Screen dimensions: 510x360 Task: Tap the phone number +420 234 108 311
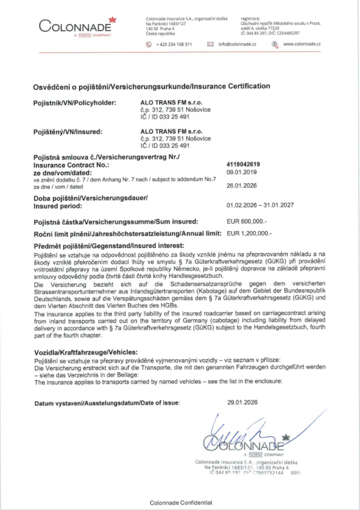[x=174, y=44]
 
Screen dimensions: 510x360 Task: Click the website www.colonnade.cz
[x=302, y=44]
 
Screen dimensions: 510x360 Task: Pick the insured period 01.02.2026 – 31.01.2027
[x=260, y=205]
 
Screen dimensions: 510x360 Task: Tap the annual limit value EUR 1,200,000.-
[x=249, y=233]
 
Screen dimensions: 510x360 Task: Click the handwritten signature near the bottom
[x=238, y=433]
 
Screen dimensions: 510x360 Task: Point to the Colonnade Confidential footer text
[x=181, y=502]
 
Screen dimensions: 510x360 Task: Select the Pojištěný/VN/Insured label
[x=68, y=132]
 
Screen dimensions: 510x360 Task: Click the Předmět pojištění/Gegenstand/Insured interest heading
[x=109, y=246]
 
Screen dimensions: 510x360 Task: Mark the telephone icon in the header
[x=149, y=44]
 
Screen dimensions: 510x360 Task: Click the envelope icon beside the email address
[x=210, y=44]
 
